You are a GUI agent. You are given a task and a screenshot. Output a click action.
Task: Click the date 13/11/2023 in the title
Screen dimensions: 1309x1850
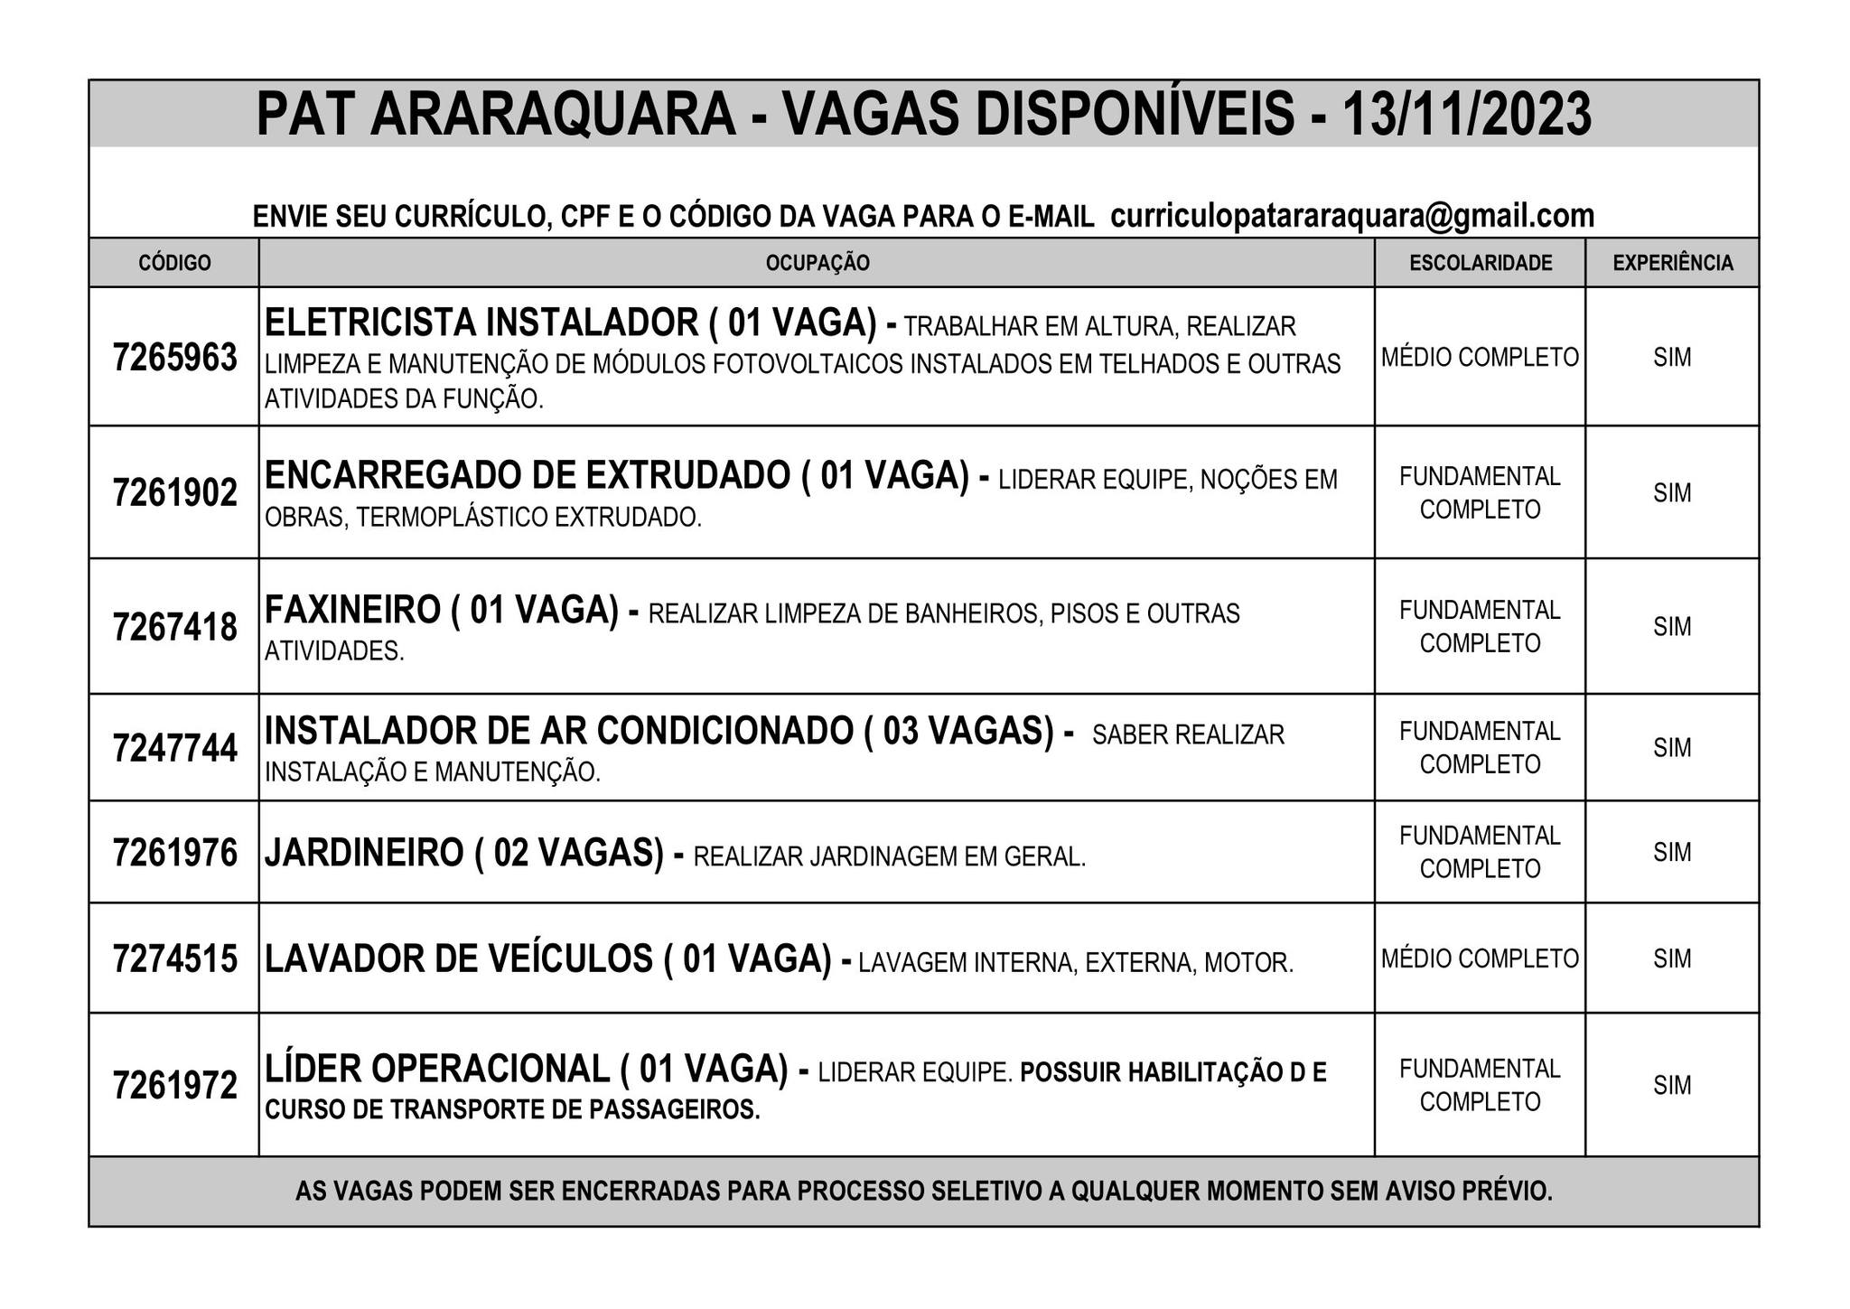pos(1466,115)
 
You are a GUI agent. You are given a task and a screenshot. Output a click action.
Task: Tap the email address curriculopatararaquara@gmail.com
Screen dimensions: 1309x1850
pos(1351,216)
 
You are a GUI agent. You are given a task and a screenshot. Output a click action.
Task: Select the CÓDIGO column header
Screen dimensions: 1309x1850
pos(174,263)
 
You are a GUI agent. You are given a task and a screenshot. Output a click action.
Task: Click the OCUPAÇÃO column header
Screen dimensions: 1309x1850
pos(817,263)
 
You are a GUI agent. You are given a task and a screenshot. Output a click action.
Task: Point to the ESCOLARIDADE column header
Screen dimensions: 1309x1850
pos(1480,263)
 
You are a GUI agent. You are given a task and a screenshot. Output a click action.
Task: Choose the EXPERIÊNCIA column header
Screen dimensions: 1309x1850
pos(1672,263)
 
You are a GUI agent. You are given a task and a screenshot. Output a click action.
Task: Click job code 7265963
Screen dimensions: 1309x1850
pos(174,358)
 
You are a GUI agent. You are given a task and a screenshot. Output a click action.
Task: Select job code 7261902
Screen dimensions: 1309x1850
pos(174,493)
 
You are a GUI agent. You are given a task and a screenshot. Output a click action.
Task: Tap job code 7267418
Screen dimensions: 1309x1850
pos(174,627)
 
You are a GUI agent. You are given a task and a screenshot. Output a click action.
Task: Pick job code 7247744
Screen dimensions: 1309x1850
pos(174,748)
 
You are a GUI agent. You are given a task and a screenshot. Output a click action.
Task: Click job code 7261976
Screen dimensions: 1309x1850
pos(174,853)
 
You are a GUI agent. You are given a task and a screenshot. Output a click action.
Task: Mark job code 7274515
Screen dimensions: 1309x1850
pos(174,958)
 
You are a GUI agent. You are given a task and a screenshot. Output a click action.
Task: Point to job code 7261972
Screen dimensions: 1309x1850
pos(174,1085)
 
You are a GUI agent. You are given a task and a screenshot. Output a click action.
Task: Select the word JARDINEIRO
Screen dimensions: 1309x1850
pos(363,853)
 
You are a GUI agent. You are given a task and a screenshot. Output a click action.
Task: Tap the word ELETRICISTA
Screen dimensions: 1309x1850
pos(369,323)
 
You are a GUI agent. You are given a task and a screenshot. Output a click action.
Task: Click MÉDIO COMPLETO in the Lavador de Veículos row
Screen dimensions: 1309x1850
pos(1480,958)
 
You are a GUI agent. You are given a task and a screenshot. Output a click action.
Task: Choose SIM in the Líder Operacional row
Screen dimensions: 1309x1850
pos(1672,1085)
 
